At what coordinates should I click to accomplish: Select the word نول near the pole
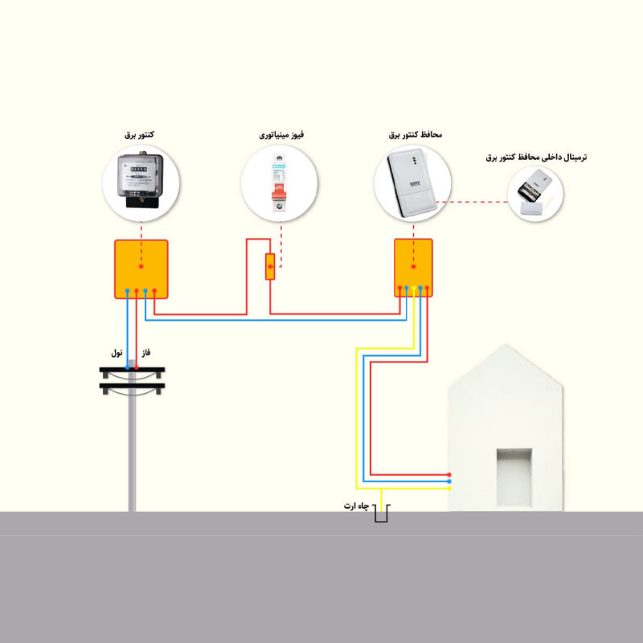pyautogui.click(x=118, y=353)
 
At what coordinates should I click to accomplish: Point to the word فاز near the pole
pyautogui.click(x=146, y=353)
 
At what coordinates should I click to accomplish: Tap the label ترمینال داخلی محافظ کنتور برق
pyautogui.click(x=536, y=158)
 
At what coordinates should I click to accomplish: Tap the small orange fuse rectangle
pyautogui.click(x=270, y=266)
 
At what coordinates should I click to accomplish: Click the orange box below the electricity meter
pyautogui.click(x=141, y=268)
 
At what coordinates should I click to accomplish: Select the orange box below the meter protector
pyautogui.click(x=413, y=267)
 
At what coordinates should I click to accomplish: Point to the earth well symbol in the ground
pyautogui.click(x=381, y=513)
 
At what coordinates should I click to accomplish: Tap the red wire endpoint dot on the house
pyautogui.click(x=449, y=475)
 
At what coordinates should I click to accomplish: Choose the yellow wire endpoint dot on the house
pyautogui.click(x=449, y=488)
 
